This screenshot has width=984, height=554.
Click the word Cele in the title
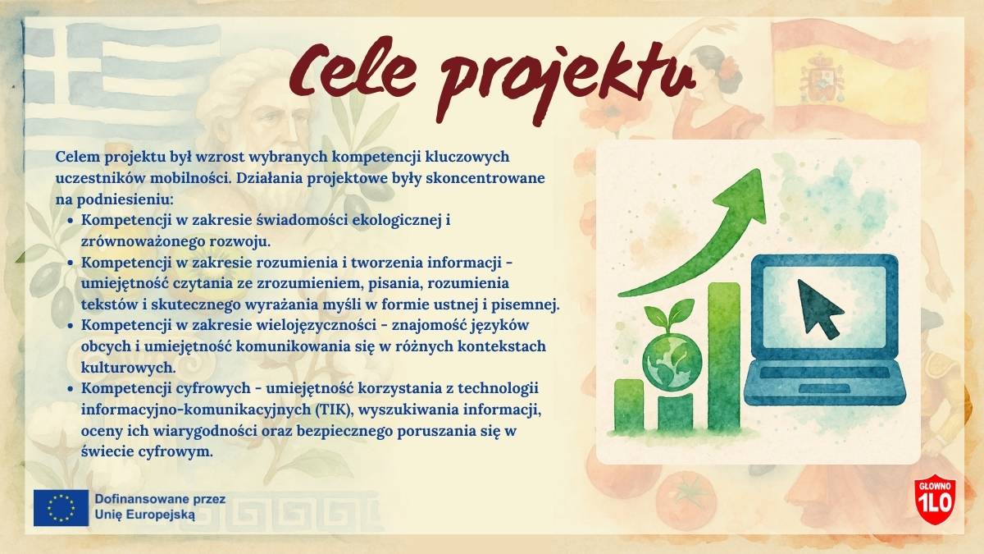pos(353,71)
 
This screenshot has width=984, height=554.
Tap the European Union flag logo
pos(61,508)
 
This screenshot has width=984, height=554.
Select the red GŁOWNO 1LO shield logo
pos(935,499)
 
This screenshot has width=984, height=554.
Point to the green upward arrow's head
pos(742,196)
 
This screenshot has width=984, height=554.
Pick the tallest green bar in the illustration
pos(724,357)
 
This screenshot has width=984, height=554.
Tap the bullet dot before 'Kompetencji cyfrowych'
pos(71,390)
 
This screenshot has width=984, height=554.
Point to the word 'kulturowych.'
pos(128,367)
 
